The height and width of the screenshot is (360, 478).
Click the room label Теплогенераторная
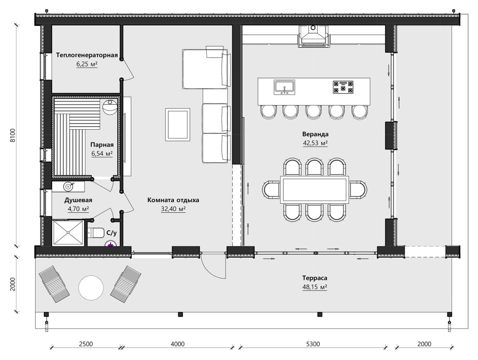tap(87, 55)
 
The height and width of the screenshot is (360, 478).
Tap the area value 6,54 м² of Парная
tap(102, 153)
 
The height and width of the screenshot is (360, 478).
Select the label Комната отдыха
tap(173, 200)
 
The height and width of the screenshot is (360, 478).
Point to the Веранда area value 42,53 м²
tap(315, 143)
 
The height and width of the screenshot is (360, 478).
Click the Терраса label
tap(315, 278)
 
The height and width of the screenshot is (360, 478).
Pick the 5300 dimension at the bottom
tap(313, 344)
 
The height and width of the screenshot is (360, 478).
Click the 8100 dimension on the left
tap(12, 135)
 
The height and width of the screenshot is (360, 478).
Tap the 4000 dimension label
tap(177, 344)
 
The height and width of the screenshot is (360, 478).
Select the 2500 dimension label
tap(86, 344)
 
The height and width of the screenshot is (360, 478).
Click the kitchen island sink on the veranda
tap(284, 87)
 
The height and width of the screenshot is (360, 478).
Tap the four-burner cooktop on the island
tap(343, 87)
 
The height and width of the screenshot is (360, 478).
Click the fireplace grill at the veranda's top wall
tap(313, 36)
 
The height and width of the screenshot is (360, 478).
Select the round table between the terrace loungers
tap(91, 288)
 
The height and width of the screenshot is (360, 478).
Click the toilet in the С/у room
tap(96, 233)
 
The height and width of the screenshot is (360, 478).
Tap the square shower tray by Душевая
tap(68, 233)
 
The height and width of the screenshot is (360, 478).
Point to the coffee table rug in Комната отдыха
tap(178, 125)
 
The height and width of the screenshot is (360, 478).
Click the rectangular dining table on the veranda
tap(315, 190)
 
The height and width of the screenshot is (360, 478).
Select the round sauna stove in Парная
tap(110, 107)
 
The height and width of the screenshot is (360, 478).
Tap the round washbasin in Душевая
tap(68, 186)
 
